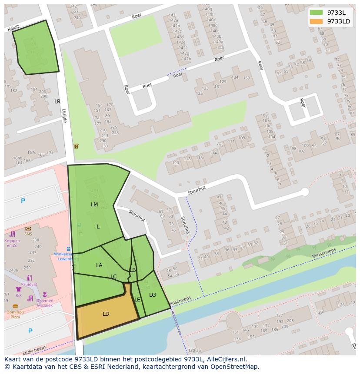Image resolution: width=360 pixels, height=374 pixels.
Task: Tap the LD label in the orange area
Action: [x=106, y=314]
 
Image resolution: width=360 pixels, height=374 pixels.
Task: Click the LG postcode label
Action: [x=152, y=295]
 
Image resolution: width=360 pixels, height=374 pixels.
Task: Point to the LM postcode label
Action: [x=94, y=205]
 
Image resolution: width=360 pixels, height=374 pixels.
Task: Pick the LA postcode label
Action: [x=99, y=265]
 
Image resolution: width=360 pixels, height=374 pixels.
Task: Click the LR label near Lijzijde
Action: [x=57, y=102]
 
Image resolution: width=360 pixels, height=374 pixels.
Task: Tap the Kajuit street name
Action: [x=14, y=28]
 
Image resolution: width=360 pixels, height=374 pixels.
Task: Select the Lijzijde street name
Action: [x=64, y=116]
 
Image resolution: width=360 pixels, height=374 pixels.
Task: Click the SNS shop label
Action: [x=28, y=233]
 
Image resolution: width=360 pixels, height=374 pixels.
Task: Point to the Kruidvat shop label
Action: [x=29, y=284]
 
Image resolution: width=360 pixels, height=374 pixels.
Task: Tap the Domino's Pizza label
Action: [x=15, y=314]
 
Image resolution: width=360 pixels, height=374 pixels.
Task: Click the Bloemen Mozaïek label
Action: [x=45, y=303]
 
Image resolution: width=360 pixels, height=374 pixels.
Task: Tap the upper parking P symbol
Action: [x=23, y=201]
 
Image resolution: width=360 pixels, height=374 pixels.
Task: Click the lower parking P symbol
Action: [x=30, y=331]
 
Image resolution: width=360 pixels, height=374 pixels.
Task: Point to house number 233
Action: [x=104, y=146]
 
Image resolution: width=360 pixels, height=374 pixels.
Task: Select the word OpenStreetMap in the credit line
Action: [x=235, y=367]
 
